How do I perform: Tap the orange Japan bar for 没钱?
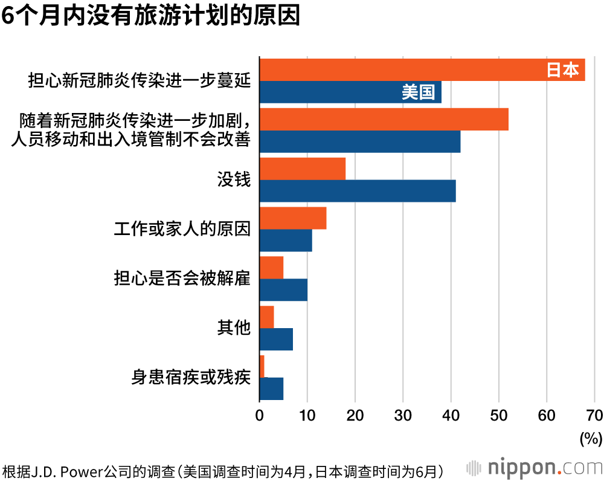coord(303,169)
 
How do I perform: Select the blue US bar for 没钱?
coord(358,191)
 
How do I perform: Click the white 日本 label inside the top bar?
coord(562,70)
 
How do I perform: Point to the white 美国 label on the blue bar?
coord(418,92)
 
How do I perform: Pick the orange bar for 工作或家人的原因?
coord(293,218)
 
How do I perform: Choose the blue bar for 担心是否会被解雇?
coord(283,290)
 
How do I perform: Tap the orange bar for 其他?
coord(266,317)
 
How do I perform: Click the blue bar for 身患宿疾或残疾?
coord(271,389)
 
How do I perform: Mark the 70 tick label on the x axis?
coord(594,415)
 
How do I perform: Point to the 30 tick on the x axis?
coord(403,415)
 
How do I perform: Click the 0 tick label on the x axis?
coord(260,415)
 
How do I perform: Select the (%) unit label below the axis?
coord(590,438)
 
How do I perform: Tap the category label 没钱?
coord(234,179)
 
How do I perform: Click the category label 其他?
coord(234,328)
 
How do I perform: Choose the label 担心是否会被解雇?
coord(182,279)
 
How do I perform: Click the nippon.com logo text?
coord(544,467)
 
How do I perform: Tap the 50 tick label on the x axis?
coord(499,415)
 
